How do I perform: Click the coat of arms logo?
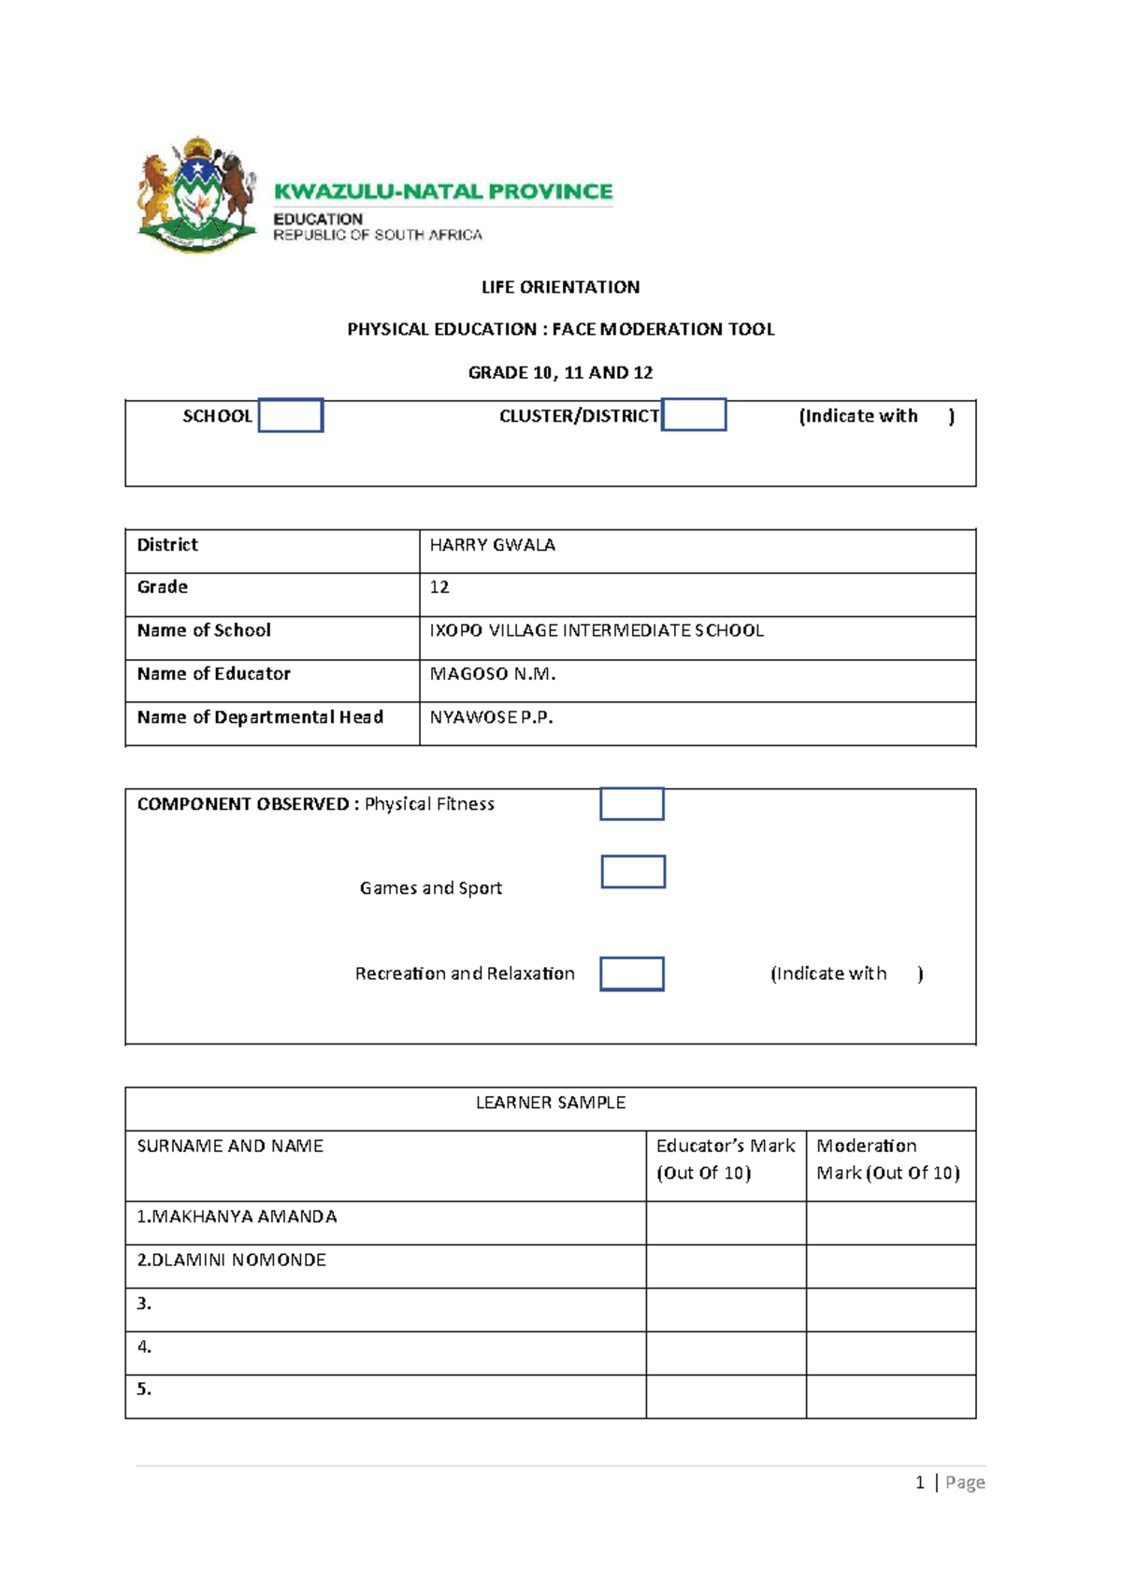coord(197,195)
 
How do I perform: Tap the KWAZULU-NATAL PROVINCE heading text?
coord(443,192)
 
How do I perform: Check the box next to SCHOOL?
coord(291,415)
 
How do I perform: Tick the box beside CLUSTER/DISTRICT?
coord(694,414)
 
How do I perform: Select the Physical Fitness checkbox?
coord(632,804)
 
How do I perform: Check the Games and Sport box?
coord(633,872)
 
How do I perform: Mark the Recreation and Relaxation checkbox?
coord(632,973)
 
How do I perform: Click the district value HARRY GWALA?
coord(492,545)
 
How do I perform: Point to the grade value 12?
coord(439,587)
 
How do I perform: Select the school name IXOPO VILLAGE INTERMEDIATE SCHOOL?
coord(597,631)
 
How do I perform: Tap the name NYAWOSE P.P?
coord(491,717)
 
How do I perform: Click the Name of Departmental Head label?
coord(260,717)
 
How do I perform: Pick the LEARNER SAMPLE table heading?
coord(551,1103)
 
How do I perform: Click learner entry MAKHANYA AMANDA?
coord(237,1217)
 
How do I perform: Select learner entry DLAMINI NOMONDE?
coord(232,1261)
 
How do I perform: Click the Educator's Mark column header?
coord(726,1160)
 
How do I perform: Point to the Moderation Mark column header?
coord(887,1160)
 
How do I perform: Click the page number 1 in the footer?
coord(920,1482)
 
